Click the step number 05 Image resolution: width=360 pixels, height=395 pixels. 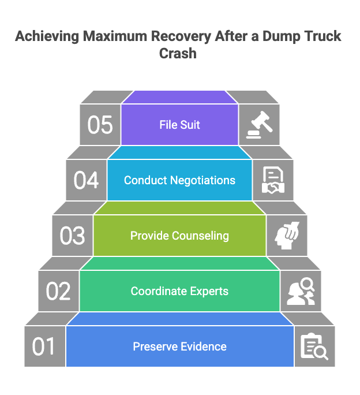click(x=100, y=125)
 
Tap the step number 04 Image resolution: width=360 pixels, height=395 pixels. click(x=86, y=180)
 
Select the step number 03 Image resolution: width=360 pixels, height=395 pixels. click(x=72, y=236)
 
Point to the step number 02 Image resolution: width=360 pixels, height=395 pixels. click(x=58, y=291)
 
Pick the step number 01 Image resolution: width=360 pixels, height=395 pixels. click(x=44, y=346)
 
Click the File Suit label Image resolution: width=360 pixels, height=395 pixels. click(x=179, y=125)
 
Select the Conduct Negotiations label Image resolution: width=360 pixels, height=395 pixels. click(x=179, y=180)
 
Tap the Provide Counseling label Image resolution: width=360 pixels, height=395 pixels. click(x=179, y=236)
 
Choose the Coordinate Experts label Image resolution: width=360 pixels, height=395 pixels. click(x=179, y=291)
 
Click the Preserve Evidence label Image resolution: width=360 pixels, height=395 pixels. click(x=179, y=346)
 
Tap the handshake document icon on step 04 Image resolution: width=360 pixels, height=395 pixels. click(x=273, y=180)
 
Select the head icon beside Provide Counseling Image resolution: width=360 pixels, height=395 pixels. click(x=287, y=236)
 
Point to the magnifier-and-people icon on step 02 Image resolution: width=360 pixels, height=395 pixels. click(x=301, y=291)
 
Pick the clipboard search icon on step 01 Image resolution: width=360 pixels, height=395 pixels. click(x=314, y=346)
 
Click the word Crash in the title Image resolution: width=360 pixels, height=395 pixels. click(x=179, y=53)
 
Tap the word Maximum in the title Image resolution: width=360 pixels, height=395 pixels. click(x=112, y=37)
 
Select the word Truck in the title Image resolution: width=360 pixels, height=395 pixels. click(x=321, y=37)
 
